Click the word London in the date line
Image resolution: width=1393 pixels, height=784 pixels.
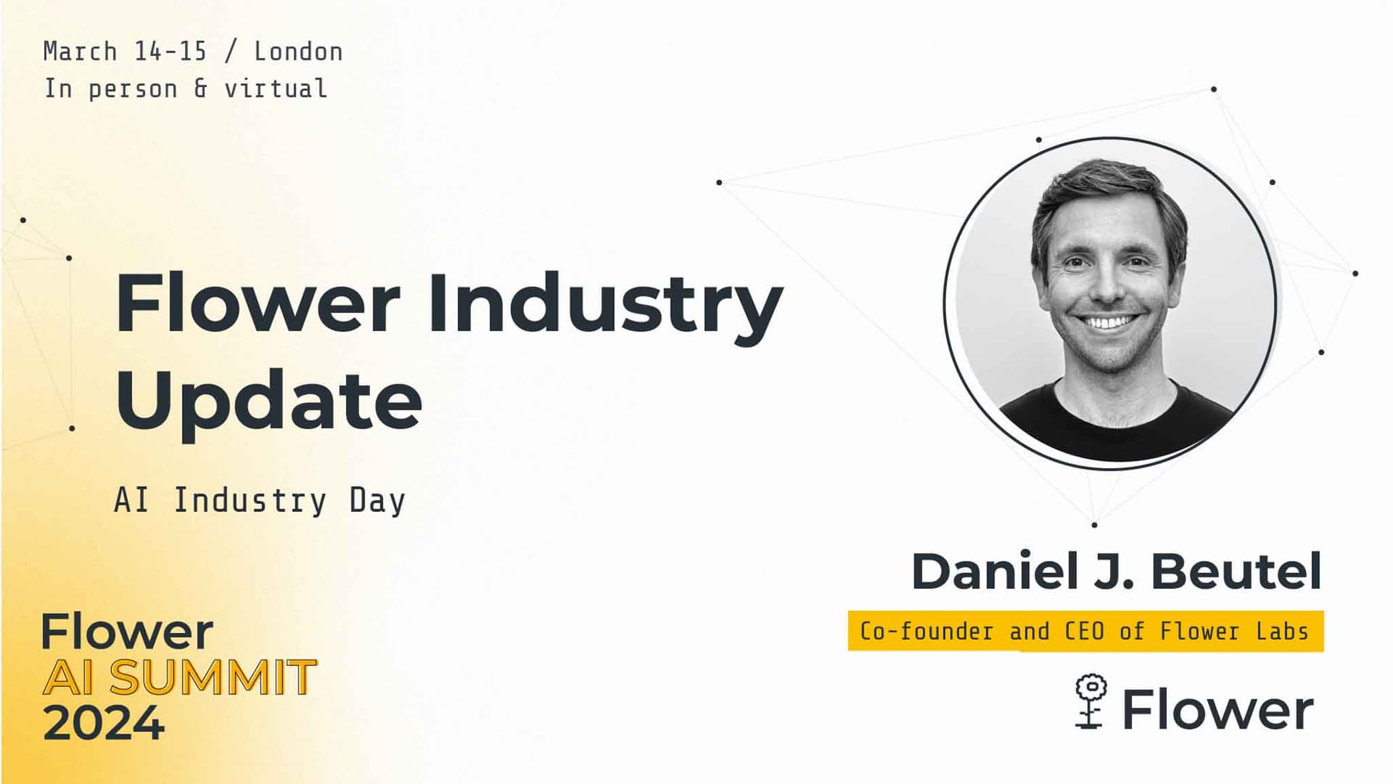(x=298, y=52)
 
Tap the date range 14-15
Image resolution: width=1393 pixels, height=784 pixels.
(x=170, y=52)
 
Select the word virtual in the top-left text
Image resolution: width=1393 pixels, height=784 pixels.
(x=275, y=89)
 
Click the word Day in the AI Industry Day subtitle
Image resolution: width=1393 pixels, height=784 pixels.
(x=377, y=501)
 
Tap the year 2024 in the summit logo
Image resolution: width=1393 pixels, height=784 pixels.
(x=104, y=723)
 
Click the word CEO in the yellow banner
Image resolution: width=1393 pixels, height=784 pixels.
(x=1084, y=632)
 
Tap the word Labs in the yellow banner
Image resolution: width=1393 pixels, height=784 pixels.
(x=1282, y=632)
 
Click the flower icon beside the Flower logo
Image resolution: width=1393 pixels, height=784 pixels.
(x=1090, y=701)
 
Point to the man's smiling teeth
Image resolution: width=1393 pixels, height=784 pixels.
(x=1108, y=322)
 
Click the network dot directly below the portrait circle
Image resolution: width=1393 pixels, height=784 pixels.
(x=1094, y=524)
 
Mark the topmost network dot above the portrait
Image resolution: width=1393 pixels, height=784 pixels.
(x=1214, y=89)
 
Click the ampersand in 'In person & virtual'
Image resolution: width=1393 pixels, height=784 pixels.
(x=200, y=89)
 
